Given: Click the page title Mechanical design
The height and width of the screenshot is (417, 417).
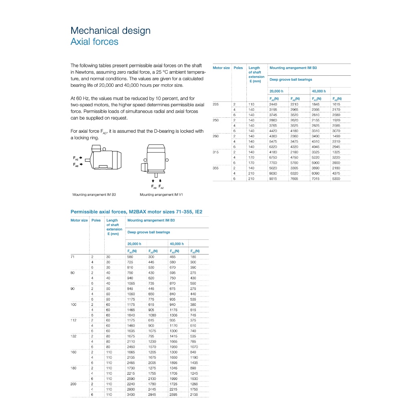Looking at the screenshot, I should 110,31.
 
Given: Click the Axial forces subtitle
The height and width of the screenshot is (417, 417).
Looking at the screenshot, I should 94,42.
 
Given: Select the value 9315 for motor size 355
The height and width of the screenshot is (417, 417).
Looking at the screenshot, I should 273,178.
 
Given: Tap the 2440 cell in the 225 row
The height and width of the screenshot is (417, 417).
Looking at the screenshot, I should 273,104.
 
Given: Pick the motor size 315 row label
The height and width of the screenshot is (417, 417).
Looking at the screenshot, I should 216,152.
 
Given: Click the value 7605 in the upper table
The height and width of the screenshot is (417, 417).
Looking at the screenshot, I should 294,178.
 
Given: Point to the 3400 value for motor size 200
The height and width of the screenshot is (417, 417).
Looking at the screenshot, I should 131,395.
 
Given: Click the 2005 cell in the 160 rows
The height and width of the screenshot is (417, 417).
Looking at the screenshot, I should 152,362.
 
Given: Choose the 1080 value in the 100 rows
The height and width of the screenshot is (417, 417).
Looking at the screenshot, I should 152,315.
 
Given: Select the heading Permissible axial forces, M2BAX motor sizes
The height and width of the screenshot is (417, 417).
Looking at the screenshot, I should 136,212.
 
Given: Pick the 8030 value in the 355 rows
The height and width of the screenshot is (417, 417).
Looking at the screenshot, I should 273,173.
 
